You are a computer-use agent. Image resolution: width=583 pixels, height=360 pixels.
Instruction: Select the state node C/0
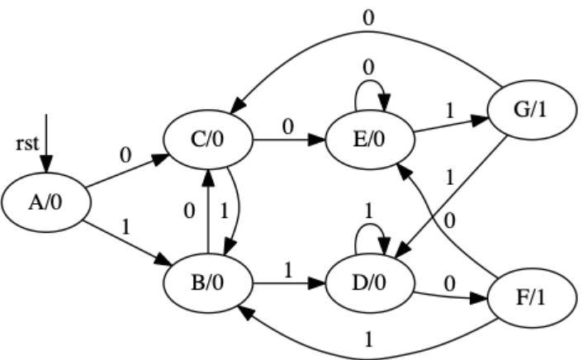pos(206,141)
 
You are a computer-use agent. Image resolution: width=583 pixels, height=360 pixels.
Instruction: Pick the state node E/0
pos(368,141)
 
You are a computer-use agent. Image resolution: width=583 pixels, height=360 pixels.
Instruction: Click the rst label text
pos(27,143)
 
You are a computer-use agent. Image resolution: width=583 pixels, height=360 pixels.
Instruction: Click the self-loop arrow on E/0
pos(368,92)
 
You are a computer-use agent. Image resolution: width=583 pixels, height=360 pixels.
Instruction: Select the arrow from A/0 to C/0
pos(124,171)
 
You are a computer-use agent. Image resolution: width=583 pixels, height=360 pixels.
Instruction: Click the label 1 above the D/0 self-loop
pos(368,210)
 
